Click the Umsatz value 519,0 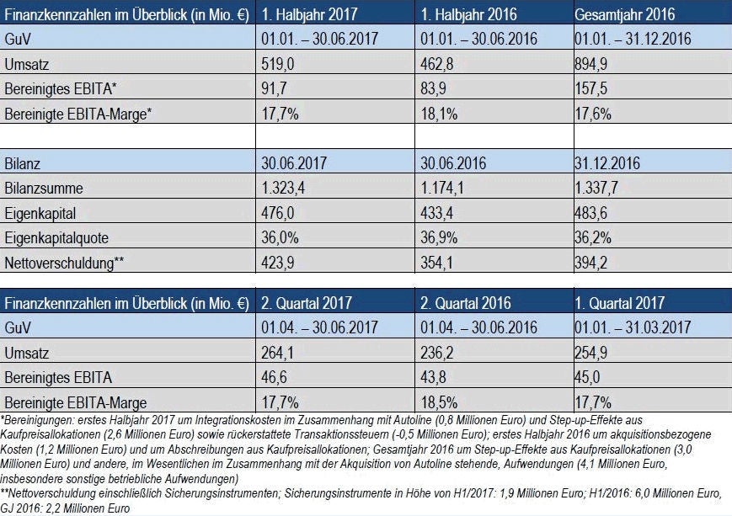coord(277,64)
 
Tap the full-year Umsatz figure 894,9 coord(593,64)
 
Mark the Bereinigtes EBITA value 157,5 coord(593,88)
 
